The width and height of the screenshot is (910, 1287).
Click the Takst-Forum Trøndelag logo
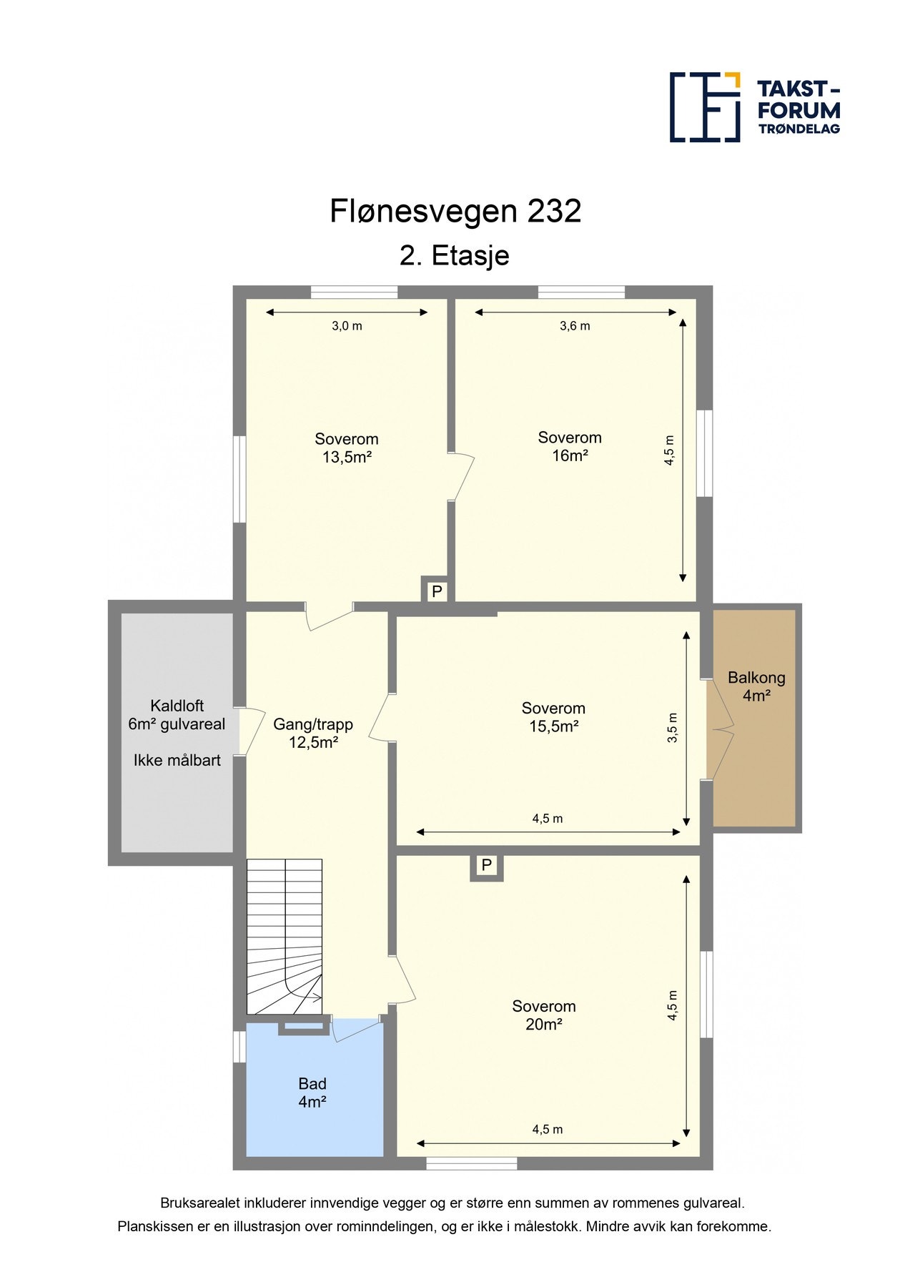pyautogui.click(x=754, y=107)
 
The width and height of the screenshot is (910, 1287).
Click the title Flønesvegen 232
pyautogui.click(x=455, y=212)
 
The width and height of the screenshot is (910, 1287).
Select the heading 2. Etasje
pyautogui.click(x=454, y=256)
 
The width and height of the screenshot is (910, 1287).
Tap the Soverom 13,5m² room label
pyautogui.click(x=347, y=448)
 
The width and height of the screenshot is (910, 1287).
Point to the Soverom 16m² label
pyautogui.click(x=570, y=447)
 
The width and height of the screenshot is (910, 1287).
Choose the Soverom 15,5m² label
pyautogui.click(x=553, y=717)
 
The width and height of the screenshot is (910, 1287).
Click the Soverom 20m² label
pyautogui.click(x=543, y=1015)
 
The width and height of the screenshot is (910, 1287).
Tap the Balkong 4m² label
pyautogui.click(x=756, y=686)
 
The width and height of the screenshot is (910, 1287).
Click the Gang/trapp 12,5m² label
pyautogui.click(x=313, y=733)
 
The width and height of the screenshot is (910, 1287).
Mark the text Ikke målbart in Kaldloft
pyautogui.click(x=177, y=761)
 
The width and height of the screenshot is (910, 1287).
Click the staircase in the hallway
pyautogui.click(x=284, y=937)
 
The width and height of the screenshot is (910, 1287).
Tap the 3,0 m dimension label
pyautogui.click(x=347, y=326)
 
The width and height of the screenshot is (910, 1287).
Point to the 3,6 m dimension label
pyautogui.click(x=575, y=326)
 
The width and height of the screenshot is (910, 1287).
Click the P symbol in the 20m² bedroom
pyautogui.click(x=487, y=866)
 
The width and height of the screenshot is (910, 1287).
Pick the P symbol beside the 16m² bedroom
pyautogui.click(x=437, y=592)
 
